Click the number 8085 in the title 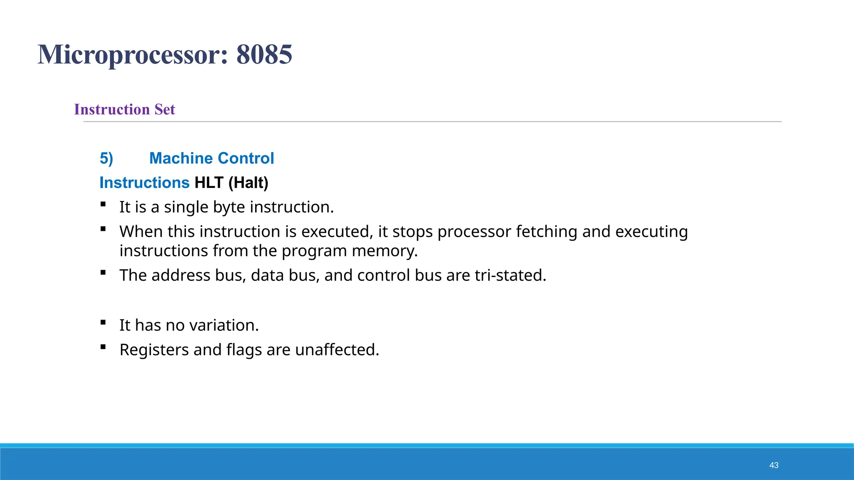(264, 54)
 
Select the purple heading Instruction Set (124, 109)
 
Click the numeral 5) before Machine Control (106, 158)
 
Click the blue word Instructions (144, 182)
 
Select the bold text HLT (209, 182)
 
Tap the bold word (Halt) (248, 182)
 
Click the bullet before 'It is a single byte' (103, 204)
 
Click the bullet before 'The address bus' (103, 272)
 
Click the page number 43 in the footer (774, 465)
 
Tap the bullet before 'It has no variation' (103, 322)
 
